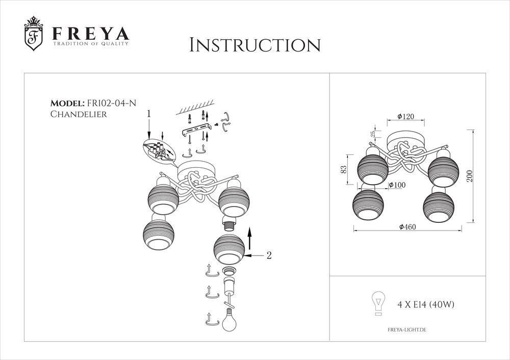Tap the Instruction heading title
point(254,45)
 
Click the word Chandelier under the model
point(79,115)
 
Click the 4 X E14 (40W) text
point(425,305)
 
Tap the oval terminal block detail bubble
point(157,151)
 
